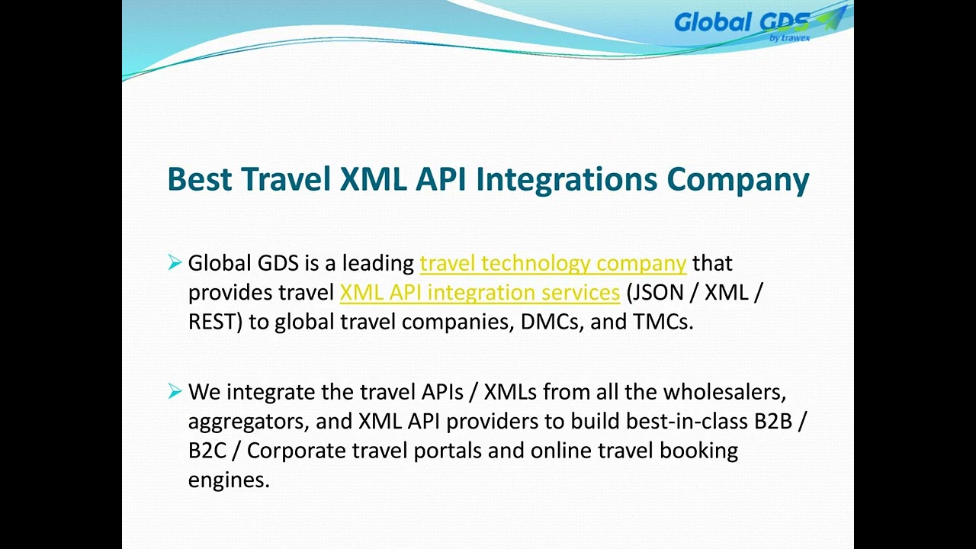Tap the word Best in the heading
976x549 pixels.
click(x=199, y=179)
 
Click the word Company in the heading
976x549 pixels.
click(x=737, y=179)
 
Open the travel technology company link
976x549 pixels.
click(x=553, y=263)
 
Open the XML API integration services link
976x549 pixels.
click(x=480, y=293)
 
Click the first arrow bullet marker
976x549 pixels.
click(x=175, y=263)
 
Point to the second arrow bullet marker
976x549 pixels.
click(x=175, y=392)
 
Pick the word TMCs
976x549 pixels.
click(x=662, y=322)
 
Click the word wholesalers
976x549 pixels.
click(x=724, y=392)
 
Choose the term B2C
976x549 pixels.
click(x=207, y=451)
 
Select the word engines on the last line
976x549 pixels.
click(x=228, y=480)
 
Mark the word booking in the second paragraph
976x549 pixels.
click(x=698, y=451)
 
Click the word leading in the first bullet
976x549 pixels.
click(x=377, y=264)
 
